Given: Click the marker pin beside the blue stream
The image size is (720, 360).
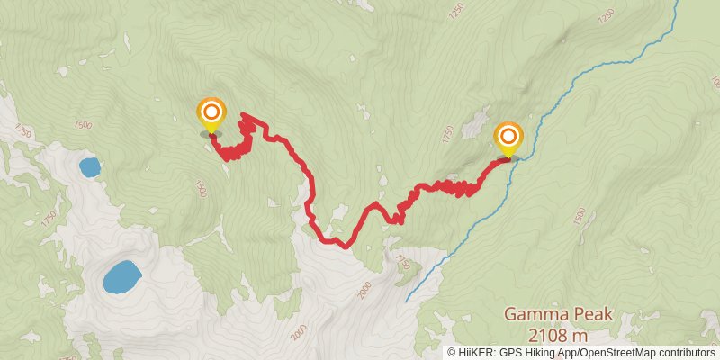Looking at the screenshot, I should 508,138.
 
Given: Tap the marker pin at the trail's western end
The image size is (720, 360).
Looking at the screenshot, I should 211,113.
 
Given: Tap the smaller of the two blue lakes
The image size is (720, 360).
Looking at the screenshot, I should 89,167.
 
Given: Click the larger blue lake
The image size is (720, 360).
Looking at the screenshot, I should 121,276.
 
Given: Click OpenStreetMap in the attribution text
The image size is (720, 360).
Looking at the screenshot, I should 622,353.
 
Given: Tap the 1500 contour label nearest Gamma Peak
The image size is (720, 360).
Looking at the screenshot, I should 580,216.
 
